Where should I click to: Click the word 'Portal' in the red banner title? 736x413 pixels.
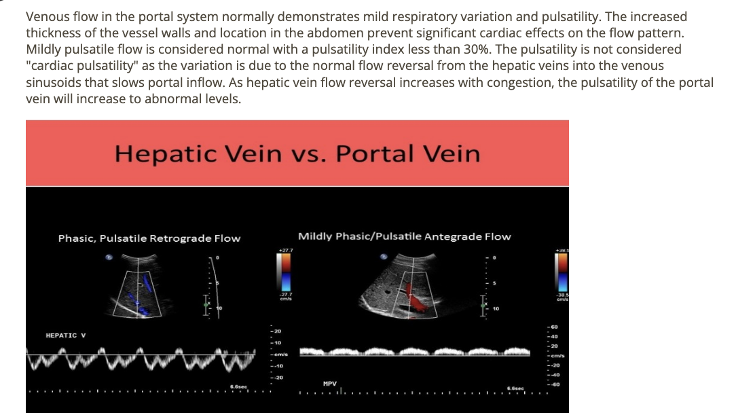(374, 154)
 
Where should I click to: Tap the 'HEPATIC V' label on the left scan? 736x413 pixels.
(65, 336)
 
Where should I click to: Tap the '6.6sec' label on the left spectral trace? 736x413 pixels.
(238, 387)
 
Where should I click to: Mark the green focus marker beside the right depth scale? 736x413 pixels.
(483, 306)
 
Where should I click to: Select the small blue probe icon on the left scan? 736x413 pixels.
(109, 257)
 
